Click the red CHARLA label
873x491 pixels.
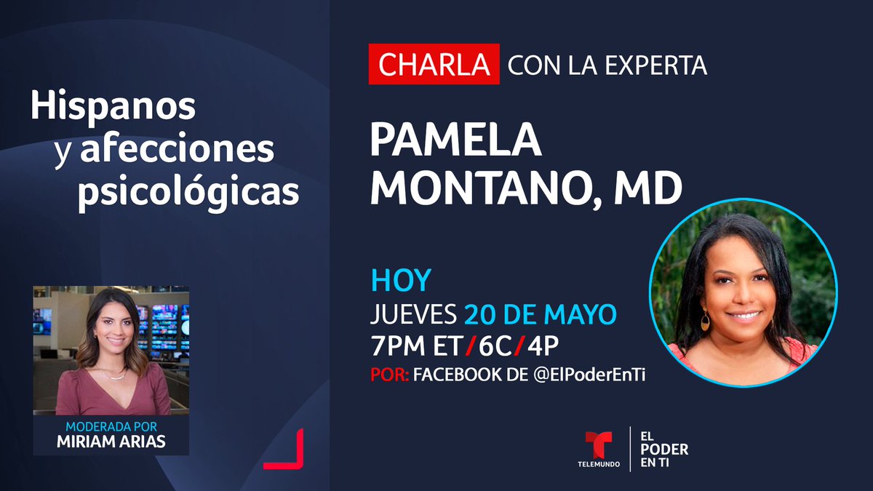[434, 65]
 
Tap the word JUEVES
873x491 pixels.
[413, 314]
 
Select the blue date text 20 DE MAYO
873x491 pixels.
[540, 314]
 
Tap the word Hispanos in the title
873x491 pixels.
[113, 107]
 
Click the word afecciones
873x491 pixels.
[177, 149]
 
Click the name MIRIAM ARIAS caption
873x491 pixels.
[111, 442]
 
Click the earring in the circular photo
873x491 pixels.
[705, 321]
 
